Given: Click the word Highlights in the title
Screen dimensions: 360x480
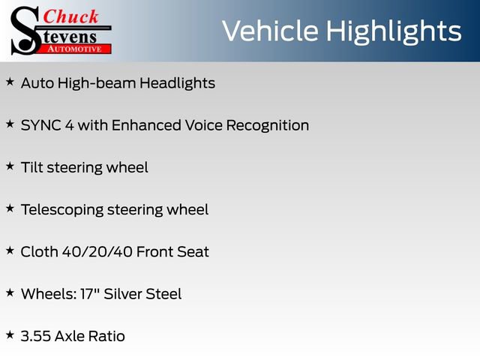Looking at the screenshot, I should (x=394, y=31).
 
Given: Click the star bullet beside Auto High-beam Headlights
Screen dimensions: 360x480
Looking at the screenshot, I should (x=10, y=82).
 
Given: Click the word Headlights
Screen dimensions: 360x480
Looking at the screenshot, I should (x=178, y=83).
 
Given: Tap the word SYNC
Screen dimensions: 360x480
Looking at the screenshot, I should (x=41, y=125).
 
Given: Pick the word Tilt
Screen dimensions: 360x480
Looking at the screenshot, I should (x=31, y=167).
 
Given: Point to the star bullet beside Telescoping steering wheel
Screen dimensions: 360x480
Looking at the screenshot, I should (x=10, y=208).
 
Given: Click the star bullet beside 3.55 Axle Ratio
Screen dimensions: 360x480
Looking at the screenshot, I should (x=10, y=334).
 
